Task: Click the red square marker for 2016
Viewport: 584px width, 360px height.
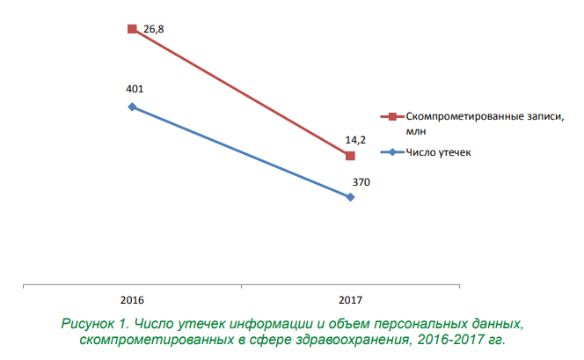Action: coord(132,29)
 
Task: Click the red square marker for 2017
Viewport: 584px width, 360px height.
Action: coord(350,156)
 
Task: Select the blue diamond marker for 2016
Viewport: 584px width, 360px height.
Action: coord(132,107)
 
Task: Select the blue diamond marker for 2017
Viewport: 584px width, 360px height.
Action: coord(350,197)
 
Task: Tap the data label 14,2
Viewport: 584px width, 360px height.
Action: coord(355,139)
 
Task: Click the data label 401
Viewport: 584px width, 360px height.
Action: coord(135,89)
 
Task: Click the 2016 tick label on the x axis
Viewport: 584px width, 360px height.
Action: coord(132,299)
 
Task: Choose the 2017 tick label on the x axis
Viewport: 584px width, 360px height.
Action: coord(349,299)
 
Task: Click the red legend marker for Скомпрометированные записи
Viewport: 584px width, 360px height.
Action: coord(392,116)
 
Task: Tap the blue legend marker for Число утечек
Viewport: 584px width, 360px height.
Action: coord(392,152)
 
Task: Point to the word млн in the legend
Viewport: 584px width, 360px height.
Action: coord(415,130)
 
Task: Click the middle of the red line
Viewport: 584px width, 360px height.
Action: coord(241,92)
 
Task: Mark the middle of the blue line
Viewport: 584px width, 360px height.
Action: coord(241,152)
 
